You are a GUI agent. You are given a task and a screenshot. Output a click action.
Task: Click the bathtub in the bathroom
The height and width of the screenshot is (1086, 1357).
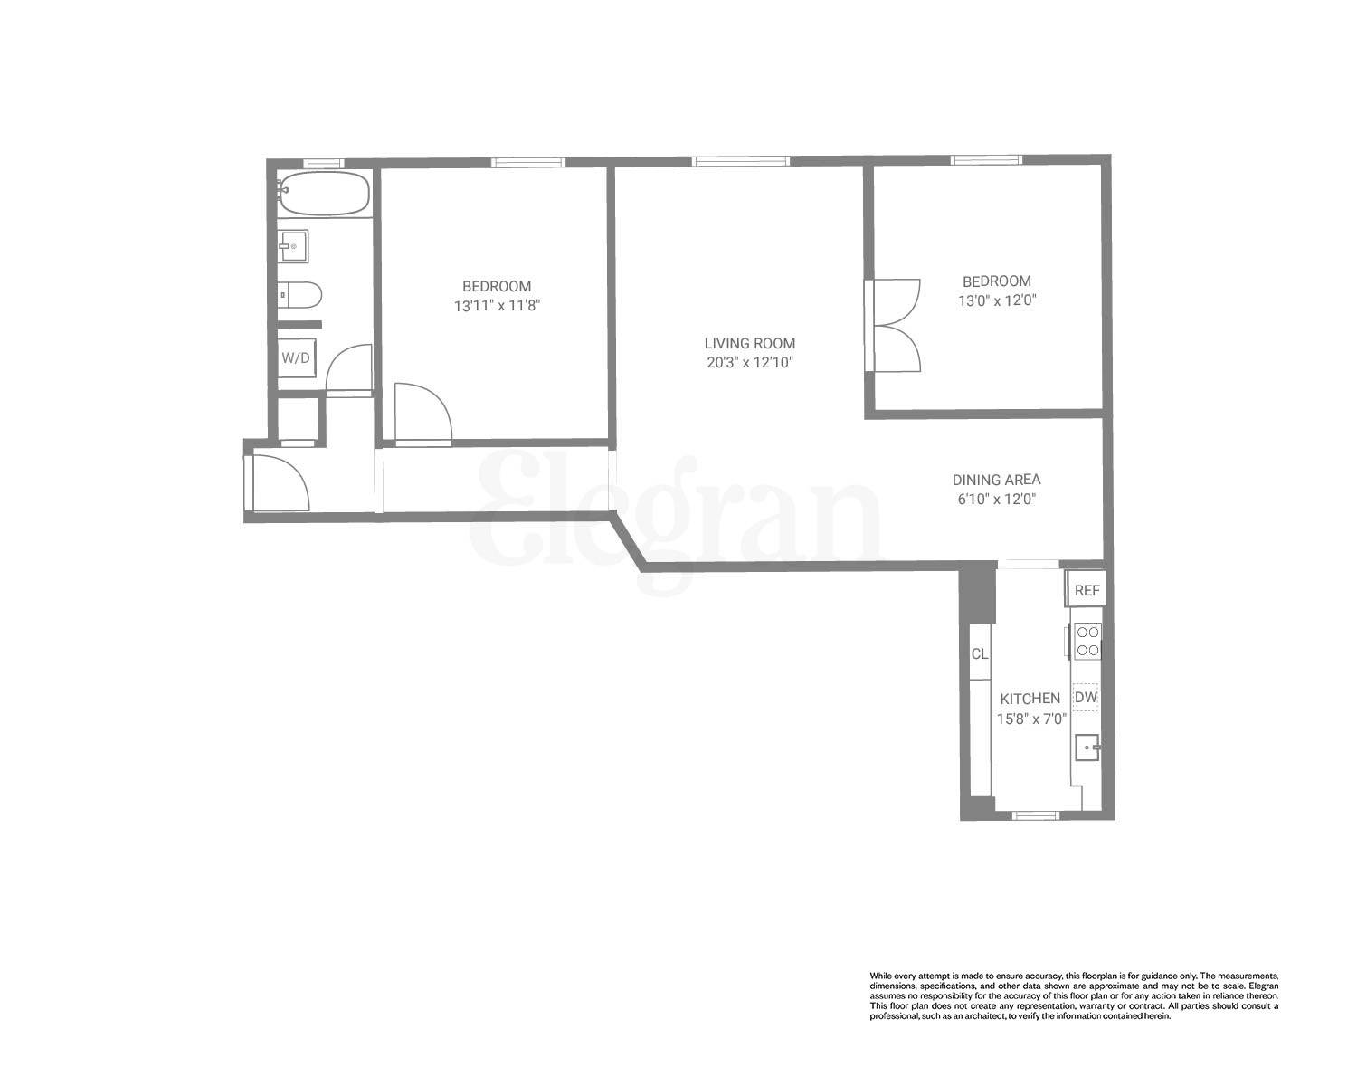coord(323,194)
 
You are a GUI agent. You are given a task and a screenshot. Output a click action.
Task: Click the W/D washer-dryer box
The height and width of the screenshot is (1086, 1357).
coord(296,357)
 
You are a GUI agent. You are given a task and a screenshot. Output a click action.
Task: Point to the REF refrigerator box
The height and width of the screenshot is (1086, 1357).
coord(1087,591)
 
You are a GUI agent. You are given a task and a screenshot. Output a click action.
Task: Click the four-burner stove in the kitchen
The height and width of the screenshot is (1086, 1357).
coord(1087,642)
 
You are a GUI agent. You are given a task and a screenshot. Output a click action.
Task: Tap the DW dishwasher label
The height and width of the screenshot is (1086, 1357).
coord(1086,698)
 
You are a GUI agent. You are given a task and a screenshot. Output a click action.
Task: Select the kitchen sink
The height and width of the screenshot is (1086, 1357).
coord(1087,748)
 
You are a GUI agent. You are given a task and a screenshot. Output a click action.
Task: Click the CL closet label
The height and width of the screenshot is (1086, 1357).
coord(979,653)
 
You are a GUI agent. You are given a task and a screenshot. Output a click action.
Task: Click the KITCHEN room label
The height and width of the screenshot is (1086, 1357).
coord(1030,699)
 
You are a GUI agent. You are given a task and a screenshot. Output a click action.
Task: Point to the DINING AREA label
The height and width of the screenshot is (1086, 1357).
coord(996,480)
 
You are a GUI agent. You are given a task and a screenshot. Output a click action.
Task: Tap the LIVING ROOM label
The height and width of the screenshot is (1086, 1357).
coord(749,343)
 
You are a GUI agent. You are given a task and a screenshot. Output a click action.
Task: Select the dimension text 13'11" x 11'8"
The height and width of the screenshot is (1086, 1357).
coord(497,306)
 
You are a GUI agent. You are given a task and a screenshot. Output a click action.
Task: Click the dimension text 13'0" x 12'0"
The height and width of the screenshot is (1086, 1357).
coord(996,300)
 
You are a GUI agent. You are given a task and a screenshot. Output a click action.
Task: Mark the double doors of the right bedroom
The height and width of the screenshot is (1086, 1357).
coord(894,326)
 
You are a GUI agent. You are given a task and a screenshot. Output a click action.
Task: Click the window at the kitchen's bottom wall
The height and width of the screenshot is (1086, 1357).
coord(1035,814)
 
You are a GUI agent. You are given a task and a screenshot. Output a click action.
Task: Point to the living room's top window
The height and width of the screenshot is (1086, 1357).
coord(740,161)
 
